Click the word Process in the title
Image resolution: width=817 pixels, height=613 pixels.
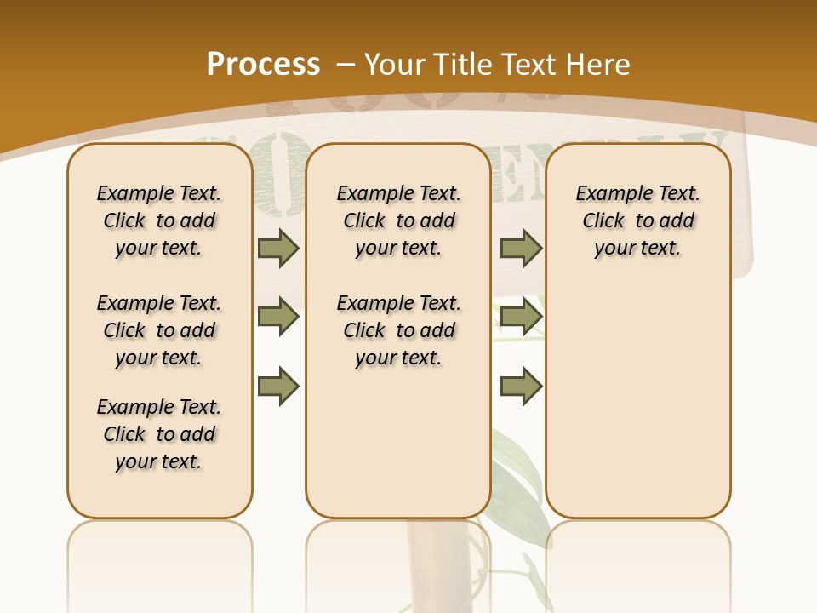click(263, 64)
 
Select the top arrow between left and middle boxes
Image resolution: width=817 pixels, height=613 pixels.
click(278, 248)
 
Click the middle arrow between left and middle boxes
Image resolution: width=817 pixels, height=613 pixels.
click(278, 317)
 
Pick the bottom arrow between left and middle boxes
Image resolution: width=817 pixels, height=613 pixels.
click(278, 386)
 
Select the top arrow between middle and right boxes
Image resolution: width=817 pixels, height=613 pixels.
click(521, 248)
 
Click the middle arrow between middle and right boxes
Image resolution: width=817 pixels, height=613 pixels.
click(521, 317)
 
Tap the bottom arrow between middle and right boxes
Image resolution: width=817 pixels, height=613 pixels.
click(521, 386)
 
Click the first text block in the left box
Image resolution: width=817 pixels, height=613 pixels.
click(159, 221)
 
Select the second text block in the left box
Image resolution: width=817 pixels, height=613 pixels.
click(159, 330)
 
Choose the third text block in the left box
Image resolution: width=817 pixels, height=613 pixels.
click(159, 434)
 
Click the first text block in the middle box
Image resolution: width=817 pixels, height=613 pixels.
click(398, 221)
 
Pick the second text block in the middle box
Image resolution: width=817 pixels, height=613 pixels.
click(398, 330)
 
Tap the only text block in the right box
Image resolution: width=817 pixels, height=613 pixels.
click(637, 221)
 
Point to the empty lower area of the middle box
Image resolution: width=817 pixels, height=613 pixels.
click(398, 443)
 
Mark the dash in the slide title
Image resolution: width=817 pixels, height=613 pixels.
click(346, 65)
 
